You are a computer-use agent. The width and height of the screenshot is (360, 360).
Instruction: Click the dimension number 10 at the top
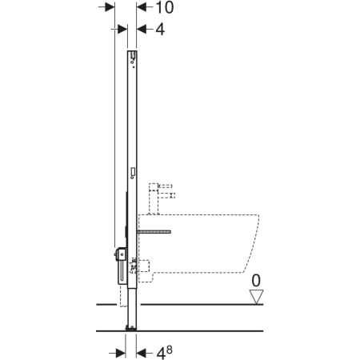point(165,7)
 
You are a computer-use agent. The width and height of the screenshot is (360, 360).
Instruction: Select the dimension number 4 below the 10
point(160,30)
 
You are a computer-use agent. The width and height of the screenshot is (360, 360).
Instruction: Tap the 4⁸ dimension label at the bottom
point(164,353)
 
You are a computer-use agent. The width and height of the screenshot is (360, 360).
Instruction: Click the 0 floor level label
point(256,281)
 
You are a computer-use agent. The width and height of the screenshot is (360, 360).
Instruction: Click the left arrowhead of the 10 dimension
point(110,7)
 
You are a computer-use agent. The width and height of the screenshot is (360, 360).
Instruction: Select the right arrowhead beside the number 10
point(142,7)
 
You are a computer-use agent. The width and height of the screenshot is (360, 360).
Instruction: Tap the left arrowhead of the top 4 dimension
point(122,29)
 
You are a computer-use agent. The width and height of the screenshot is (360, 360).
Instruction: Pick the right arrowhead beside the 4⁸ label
point(142,354)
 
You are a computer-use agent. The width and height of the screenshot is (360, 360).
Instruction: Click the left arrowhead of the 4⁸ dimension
point(121,354)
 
